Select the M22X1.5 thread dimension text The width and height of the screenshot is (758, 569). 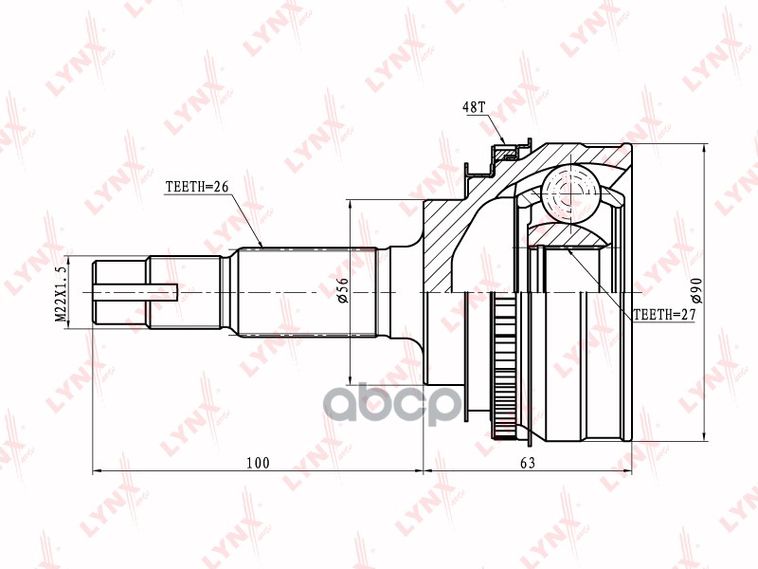[x=63, y=294]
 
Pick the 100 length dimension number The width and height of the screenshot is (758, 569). [x=257, y=463]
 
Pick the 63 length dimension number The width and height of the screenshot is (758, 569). [x=528, y=463]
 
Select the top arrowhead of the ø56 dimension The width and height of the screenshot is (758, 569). [x=351, y=205]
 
